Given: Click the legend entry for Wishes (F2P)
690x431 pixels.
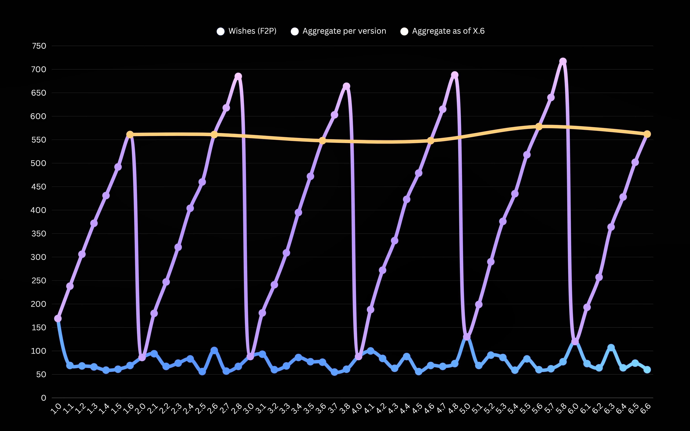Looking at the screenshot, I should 246,31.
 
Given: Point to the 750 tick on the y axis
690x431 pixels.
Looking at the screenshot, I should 39,46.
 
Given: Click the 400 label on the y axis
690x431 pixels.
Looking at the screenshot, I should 38,210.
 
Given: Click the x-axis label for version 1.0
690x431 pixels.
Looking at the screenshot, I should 56,408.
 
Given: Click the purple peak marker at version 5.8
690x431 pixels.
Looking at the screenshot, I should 563,61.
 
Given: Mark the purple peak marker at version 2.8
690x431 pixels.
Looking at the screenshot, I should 238,76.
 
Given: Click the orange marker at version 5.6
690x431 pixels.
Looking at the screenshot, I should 539,127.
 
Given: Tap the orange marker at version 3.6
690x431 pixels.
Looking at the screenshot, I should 322,140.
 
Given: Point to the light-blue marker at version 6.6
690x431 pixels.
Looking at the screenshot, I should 647,370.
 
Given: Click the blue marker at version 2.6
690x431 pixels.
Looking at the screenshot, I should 214,350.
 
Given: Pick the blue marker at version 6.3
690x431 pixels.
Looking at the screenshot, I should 611,347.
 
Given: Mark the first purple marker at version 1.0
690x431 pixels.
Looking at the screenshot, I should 58,318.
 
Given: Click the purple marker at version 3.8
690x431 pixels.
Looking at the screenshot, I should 346,86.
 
